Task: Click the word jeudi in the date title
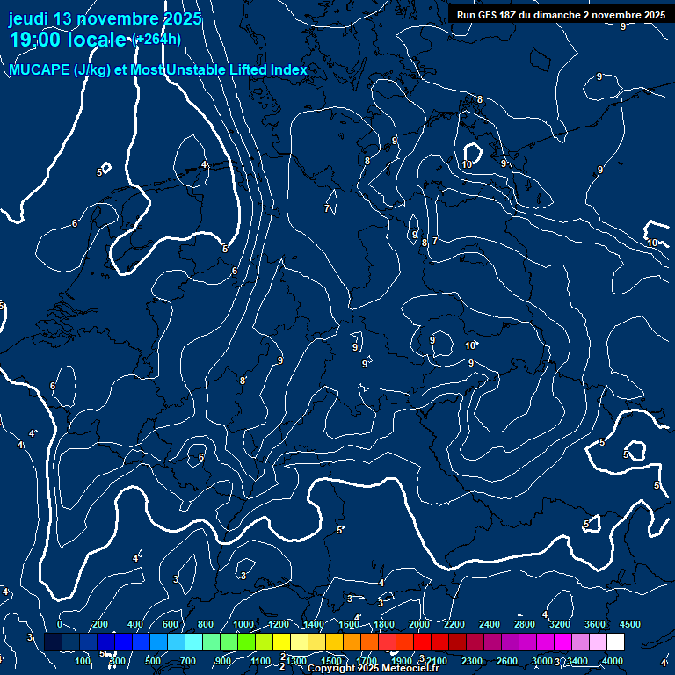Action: click(x=30, y=18)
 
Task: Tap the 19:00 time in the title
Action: click(x=33, y=40)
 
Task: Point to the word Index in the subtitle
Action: click(x=288, y=70)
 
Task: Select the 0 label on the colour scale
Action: click(x=59, y=624)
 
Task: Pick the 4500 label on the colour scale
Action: click(x=629, y=624)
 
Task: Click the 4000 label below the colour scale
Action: click(x=613, y=661)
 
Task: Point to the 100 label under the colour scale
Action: click(x=83, y=661)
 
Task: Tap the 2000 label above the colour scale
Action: click(x=419, y=624)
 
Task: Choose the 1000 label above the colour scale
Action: click(x=243, y=624)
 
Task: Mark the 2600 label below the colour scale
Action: click(x=507, y=661)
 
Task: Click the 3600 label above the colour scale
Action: click(x=595, y=624)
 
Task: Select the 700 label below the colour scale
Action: click(x=188, y=661)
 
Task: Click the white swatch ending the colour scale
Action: click(x=615, y=642)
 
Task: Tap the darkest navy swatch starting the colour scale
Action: click(x=53, y=642)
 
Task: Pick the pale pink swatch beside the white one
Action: click(x=598, y=642)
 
